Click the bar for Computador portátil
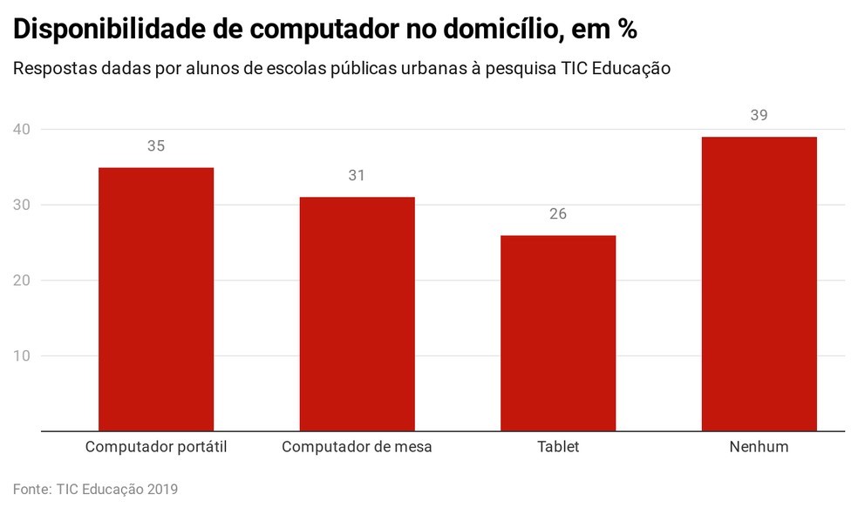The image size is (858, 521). [x=156, y=299]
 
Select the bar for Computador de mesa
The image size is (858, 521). [x=357, y=314]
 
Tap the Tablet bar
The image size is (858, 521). [x=558, y=333]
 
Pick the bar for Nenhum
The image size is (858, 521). [x=759, y=284]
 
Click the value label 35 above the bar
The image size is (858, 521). [x=156, y=146]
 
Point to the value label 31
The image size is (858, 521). [x=357, y=176]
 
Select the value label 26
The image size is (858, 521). [x=558, y=214]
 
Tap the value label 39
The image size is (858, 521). [x=759, y=116]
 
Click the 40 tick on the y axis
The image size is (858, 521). [x=22, y=130]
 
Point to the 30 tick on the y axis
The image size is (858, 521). [x=22, y=206]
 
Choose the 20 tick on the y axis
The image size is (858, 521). [x=22, y=281]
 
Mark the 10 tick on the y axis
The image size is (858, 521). [x=22, y=356]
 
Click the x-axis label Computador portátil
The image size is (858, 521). [x=156, y=447]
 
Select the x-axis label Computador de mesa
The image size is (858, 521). [x=357, y=447]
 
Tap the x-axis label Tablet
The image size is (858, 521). [x=558, y=447]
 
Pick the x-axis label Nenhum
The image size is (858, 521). [x=759, y=447]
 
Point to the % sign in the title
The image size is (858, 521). [x=626, y=30]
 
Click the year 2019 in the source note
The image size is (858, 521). [x=160, y=490]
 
